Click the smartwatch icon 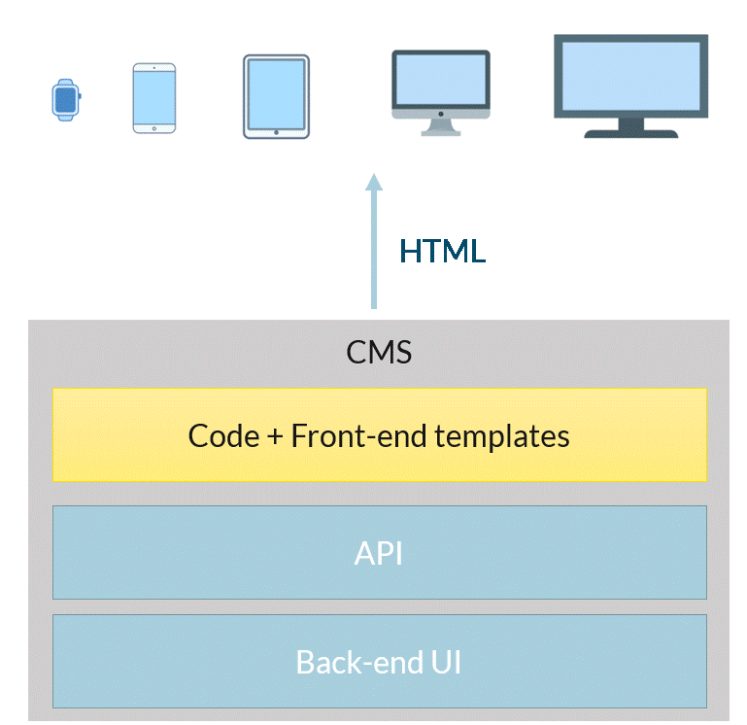tap(66, 100)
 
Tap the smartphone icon tap(154, 98)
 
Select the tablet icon tap(276, 97)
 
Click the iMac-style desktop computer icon tap(441, 93)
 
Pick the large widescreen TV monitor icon tap(630, 86)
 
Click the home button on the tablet tap(276, 132)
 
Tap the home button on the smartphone tap(154, 128)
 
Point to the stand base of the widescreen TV tap(631, 134)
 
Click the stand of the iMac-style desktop tap(441, 127)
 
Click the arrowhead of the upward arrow tap(374, 182)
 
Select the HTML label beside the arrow tap(443, 251)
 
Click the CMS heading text tap(379, 352)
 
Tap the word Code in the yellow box tap(224, 435)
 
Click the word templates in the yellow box tap(502, 436)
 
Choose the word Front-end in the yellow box tap(358, 435)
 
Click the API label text tap(379, 553)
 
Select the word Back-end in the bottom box tap(359, 662)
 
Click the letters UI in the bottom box tap(446, 662)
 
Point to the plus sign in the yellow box tap(275, 436)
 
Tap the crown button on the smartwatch tap(80, 96)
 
